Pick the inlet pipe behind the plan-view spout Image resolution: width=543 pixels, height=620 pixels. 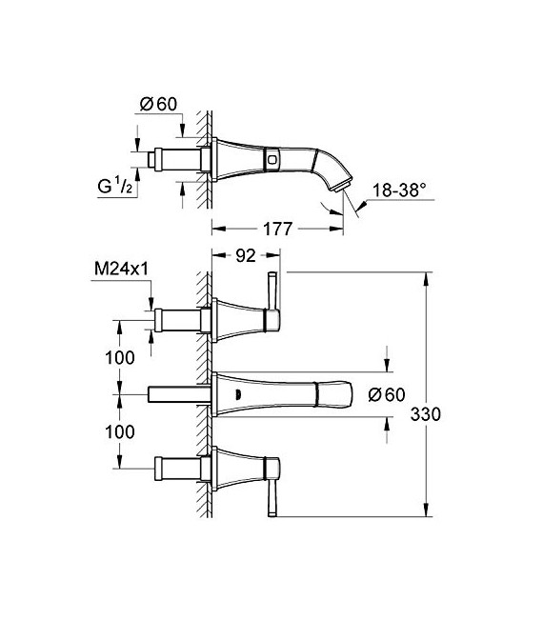coord(177,393)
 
